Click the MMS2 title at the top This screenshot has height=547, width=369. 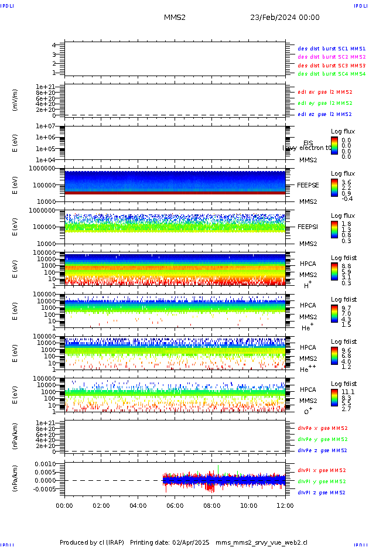click(175, 18)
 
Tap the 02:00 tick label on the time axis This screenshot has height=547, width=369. click(101, 505)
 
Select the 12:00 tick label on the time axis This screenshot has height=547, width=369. click(285, 505)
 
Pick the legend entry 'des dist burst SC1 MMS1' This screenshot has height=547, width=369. click(332, 48)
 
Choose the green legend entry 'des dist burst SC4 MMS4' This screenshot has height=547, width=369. click(332, 74)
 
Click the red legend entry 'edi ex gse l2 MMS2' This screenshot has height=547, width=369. click(325, 92)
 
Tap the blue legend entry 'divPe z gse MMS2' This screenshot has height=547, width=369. click(323, 450)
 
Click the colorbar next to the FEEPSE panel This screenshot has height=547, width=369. click(334, 187)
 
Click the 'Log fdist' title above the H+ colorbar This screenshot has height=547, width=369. click(343, 258)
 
